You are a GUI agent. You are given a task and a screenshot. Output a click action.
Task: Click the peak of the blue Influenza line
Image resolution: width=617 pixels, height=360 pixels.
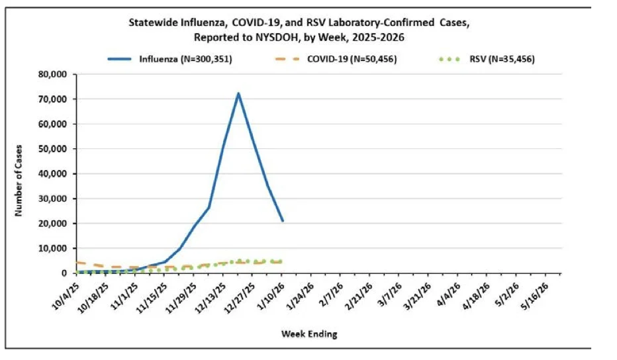[x=238, y=93]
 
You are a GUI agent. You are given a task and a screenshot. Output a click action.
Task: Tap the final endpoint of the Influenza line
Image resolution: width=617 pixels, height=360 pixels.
[x=283, y=221]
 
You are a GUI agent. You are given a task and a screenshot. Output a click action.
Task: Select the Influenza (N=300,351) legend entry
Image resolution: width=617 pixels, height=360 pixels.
[x=170, y=59]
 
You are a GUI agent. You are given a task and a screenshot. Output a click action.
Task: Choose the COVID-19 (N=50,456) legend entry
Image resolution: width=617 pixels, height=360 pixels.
[x=336, y=59]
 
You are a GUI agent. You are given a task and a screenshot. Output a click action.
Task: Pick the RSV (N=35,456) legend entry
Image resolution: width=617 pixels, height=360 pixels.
[x=487, y=59]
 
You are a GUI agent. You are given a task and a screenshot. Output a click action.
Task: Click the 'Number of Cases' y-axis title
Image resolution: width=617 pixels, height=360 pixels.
[x=19, y=180]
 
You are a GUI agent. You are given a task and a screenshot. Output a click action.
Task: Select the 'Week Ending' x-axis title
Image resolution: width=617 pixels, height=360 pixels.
[x=309, y=334]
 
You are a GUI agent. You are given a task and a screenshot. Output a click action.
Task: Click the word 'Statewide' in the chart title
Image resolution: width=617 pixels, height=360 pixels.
[x=153, y=22]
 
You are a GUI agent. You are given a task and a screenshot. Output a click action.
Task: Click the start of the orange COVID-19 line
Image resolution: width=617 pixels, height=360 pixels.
[x=77, y=263]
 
